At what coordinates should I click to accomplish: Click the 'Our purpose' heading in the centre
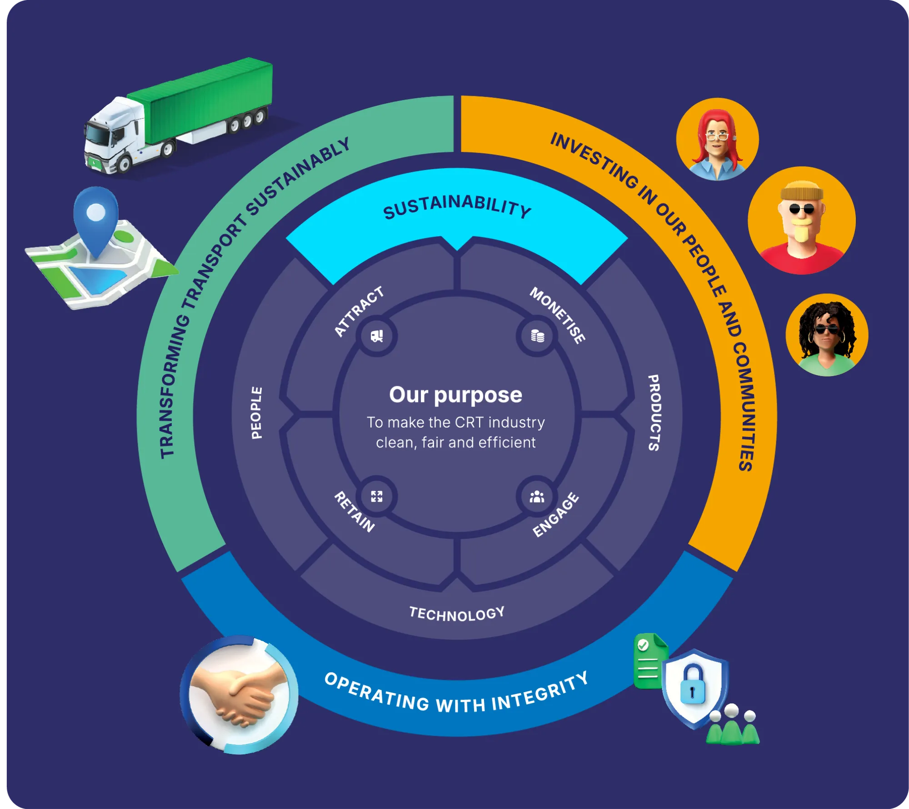point(455,395)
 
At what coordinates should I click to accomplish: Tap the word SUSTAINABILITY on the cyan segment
point(457,207)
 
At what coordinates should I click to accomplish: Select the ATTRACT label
point(359,312)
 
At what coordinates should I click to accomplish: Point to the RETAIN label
point(355,512)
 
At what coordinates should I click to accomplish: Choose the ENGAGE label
point(556,515)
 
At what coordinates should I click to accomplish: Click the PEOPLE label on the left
point(257,413)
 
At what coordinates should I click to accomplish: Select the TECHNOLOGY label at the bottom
point(457,614)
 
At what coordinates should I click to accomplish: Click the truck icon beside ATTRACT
point(377,336)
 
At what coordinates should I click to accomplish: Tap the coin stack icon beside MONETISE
point(538,336)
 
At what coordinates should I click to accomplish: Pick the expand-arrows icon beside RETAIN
point(377,496)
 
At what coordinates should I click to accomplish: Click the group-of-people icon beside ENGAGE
point(537,497)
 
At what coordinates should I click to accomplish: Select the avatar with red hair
point(717,140)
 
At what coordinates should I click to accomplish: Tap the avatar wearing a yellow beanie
point(801,220)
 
